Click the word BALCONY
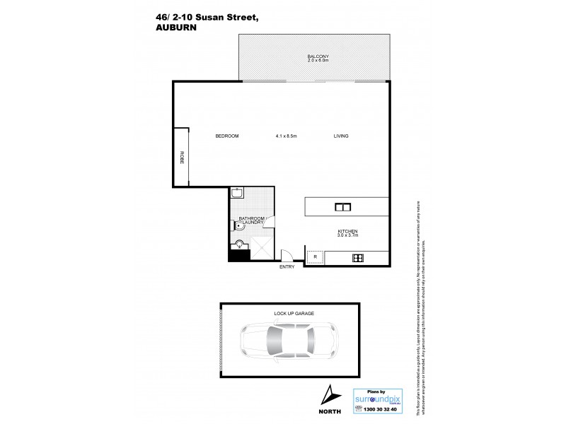coord(318,56)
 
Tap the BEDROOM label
coord(227,136)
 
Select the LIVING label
coord(342,136)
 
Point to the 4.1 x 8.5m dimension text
coord(286,136)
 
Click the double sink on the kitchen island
coord(343,207)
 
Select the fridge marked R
coord(315,257)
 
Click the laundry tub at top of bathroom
coord(236,194)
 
